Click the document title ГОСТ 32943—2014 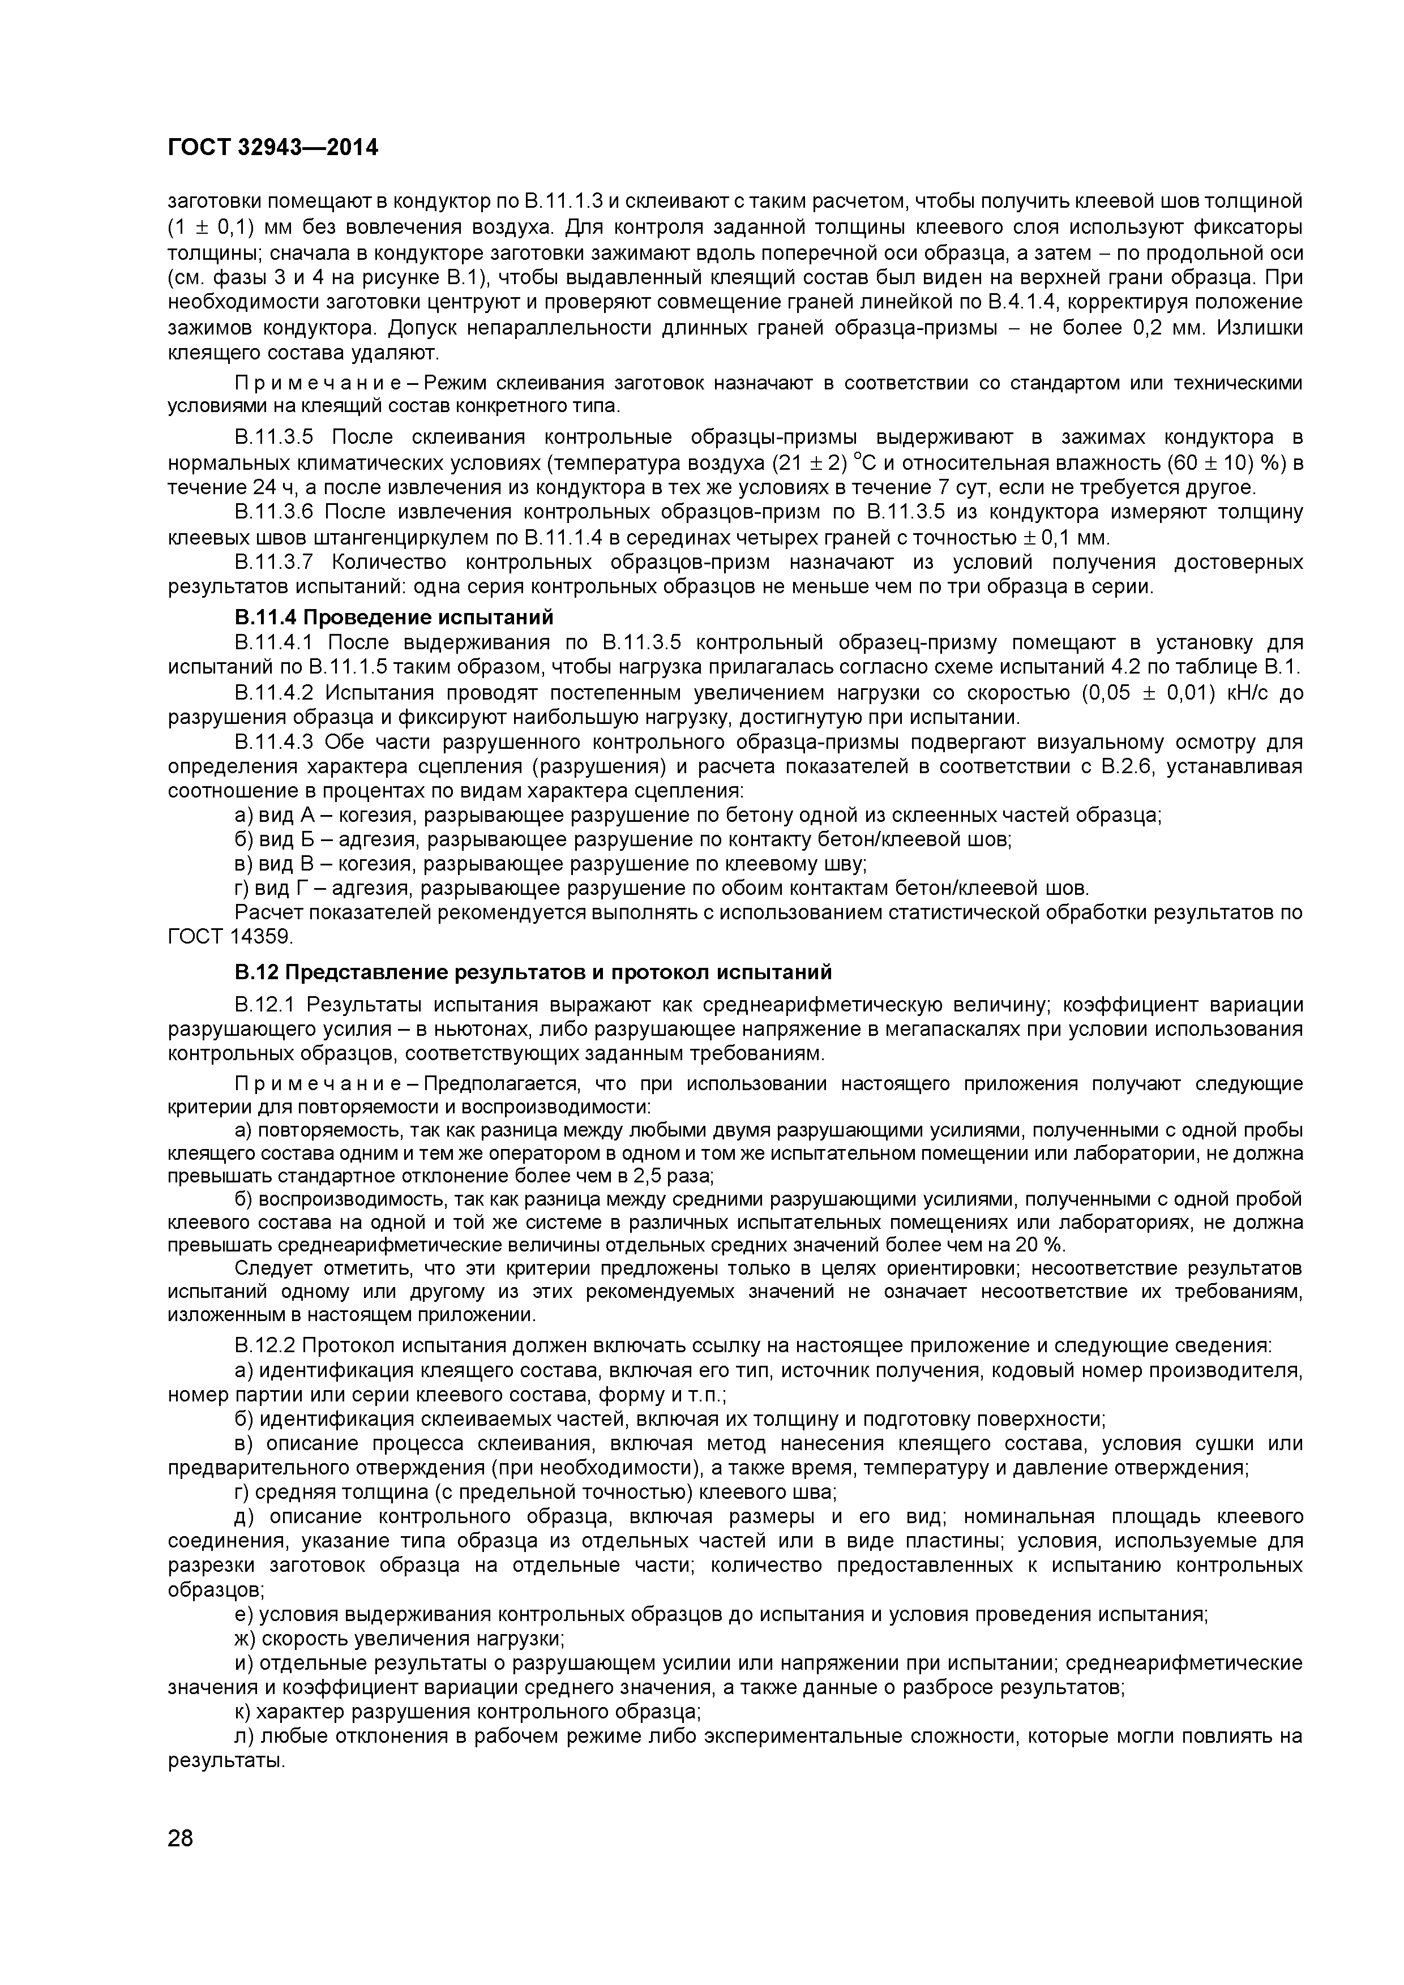(272, 148)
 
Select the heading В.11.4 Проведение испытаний (393, 618)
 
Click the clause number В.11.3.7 (277, 562)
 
